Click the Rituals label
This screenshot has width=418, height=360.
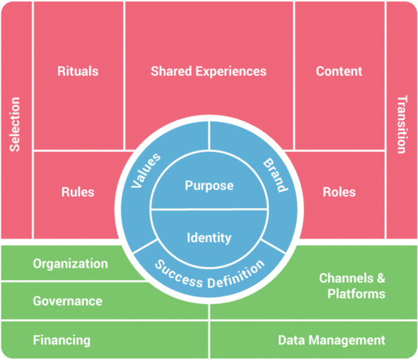[x=78, y=71]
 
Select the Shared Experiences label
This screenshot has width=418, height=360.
[x=208, y=71]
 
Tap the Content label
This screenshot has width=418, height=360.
[x=339, y=71]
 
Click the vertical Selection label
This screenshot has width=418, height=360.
[x=15, y=125]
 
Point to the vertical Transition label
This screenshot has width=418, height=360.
[x=401, y=125]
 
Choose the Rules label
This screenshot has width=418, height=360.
[x=78, y=192]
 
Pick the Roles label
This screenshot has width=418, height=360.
[x=339, y=192]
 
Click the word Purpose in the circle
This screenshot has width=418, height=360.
[x=209, y=185]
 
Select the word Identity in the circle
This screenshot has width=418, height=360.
[x=209, y=238]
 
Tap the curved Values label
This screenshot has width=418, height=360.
[x=146, y=170]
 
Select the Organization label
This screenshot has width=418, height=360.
[x=70, y=264]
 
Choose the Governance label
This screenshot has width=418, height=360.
[x=67, y=301]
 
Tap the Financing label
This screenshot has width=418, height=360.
[x=62, y=340]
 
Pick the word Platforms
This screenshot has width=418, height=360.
[x=357, y=294]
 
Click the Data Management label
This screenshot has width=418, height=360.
[x=331, y=340]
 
